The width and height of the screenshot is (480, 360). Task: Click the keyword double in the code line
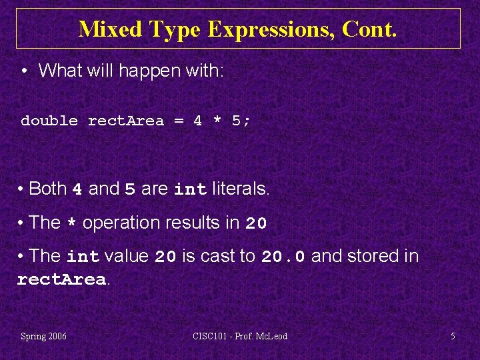click(49, 121)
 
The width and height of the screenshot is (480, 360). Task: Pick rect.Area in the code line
click(126, 121)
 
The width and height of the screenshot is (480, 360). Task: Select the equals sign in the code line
click(179, 121)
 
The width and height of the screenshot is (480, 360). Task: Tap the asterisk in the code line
click(217, 121)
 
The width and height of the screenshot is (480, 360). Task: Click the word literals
click(241, 189)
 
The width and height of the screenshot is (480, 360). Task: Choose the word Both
click(48, 189)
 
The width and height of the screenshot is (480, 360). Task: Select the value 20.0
click(284, 257)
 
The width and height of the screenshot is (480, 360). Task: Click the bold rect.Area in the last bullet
click(61, 280)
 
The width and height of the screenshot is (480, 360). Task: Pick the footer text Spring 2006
click(44, 336)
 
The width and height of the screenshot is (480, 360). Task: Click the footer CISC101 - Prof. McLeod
click(241, 336)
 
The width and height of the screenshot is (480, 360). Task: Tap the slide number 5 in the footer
click(453, 336)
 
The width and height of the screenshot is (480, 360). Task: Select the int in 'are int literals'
click(191, 190)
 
